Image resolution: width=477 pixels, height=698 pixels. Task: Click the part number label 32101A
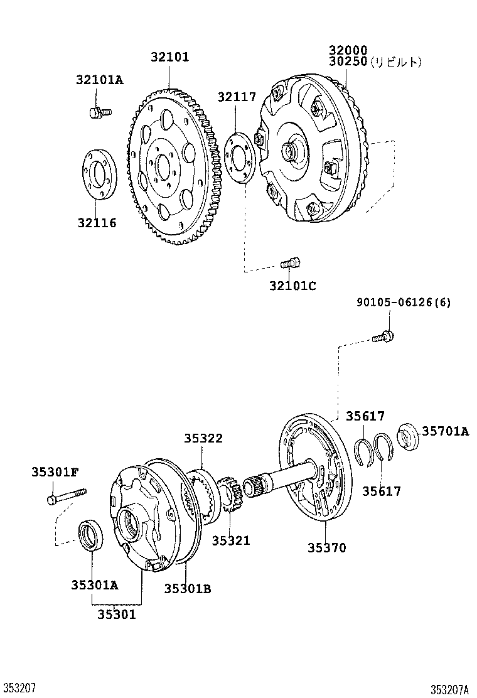(100, 80)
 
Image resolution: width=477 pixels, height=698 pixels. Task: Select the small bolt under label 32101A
(99, 112)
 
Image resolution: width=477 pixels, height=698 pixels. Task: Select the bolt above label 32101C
(291, 262)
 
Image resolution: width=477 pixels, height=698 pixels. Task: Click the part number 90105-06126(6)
(404, 303)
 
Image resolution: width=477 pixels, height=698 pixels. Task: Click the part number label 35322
(203, 439)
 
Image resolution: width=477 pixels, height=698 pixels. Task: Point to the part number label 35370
(326, 548)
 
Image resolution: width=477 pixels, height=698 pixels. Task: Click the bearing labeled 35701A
(409, 435)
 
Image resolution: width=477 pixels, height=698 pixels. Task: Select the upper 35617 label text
(365, 416)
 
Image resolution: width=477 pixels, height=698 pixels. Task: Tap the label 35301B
(187, 588)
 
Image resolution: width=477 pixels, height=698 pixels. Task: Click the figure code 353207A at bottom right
(449, 689)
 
